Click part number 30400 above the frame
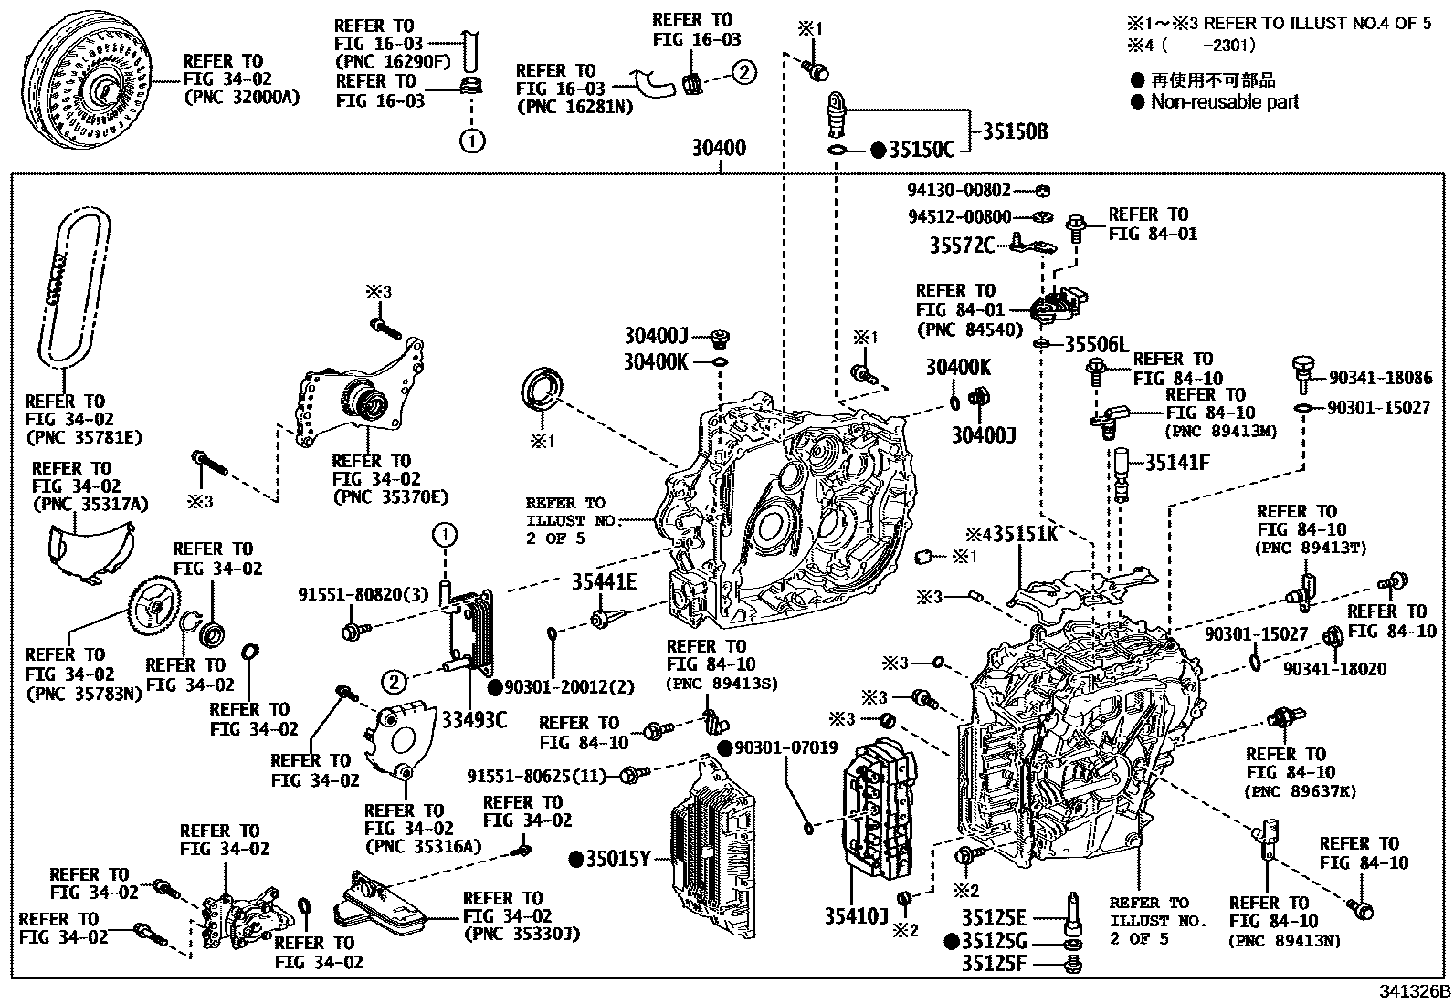[x=718, y=148]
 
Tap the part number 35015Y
[x=617, y=859]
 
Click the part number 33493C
[x=474, y=721]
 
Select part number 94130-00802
[x=959, y=191]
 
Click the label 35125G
[x=994, y=940]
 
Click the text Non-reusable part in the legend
[x=1224, y=102]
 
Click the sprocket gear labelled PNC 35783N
[x=153, y=603]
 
